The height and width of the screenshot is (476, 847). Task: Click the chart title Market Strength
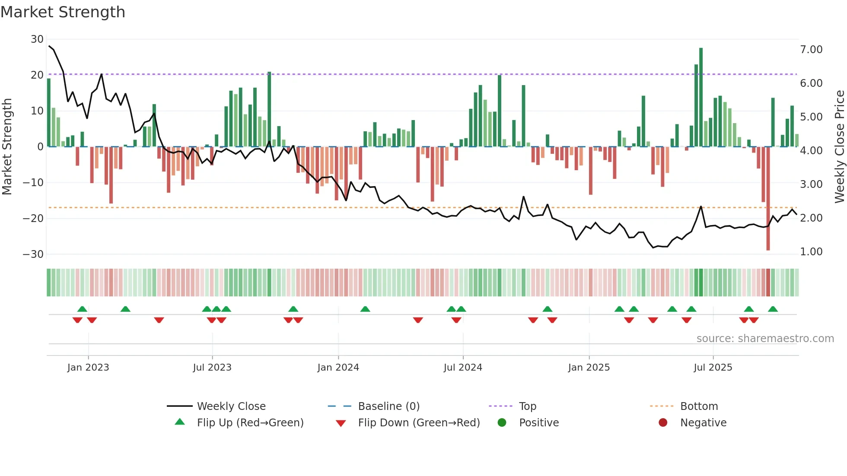[63, 12]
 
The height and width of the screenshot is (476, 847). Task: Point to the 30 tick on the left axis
[37, 39]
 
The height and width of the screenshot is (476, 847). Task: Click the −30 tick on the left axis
[33, 254]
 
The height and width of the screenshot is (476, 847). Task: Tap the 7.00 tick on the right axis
[811, 50]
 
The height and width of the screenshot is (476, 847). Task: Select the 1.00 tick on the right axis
[811, 252]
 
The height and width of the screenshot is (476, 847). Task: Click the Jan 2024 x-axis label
[338, 368]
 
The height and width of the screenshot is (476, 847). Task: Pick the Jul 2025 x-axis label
[713, 368]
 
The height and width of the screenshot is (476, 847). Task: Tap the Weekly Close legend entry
[231, 406]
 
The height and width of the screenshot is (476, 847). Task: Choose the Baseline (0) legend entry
[388, 406]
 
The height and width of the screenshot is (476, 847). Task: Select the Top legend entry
[527, 406]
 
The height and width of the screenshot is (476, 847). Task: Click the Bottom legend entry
[699, 406]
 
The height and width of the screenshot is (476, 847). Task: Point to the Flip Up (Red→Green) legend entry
[250, 423]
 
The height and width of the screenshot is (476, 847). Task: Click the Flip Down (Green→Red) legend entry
[418, 423]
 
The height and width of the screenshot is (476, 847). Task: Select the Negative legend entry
[703, 423]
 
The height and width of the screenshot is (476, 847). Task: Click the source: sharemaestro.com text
[765, 339]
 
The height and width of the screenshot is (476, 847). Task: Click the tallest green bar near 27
[701, 97]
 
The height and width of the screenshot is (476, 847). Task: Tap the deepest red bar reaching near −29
[768, 199]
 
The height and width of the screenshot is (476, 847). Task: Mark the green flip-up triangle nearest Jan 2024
[365, 309]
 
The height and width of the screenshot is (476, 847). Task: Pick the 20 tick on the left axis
[37, 75]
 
